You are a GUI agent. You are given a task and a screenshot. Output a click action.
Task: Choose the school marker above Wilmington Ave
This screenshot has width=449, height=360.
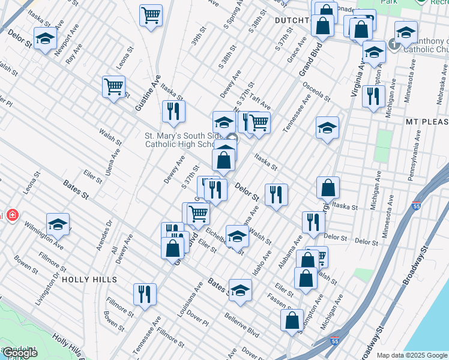click(x=58, y=224)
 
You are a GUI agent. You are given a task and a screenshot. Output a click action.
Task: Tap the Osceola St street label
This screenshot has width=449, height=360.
click(x=317, y=91)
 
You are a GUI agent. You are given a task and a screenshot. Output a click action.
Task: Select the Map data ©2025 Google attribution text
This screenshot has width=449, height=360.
click(x=412, y=355)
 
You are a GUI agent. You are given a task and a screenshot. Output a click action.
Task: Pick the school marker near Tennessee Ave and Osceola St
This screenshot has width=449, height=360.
click(x=327, y=127)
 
